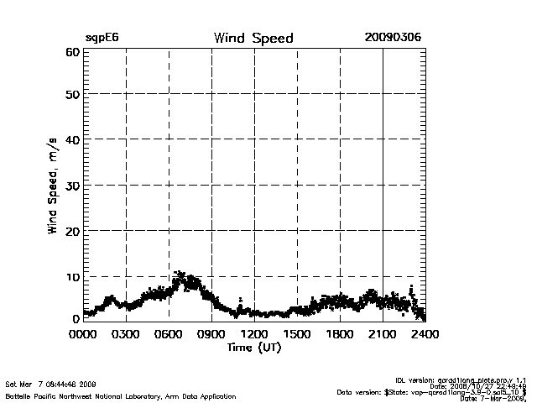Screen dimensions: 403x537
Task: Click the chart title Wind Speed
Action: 253,38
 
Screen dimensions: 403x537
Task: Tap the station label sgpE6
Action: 101,38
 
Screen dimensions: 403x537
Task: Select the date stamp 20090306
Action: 393,38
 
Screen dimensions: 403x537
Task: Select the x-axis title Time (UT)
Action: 254,348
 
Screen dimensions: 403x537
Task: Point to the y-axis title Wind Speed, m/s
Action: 52,186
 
